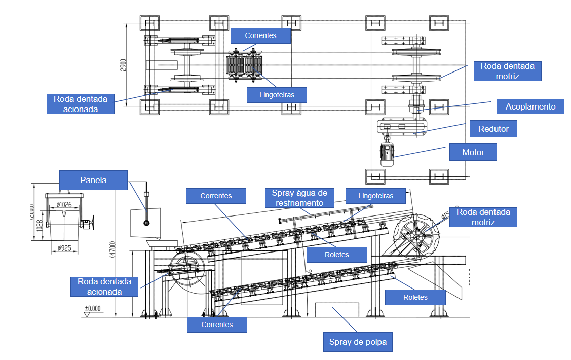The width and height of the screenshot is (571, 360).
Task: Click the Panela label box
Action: click(93, 180)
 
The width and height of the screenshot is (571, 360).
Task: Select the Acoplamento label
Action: click(530, 106)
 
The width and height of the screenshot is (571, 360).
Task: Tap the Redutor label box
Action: click(493, 129)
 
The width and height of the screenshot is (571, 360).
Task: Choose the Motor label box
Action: click(473, 152)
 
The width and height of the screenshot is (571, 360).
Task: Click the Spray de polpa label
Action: click(358, 342)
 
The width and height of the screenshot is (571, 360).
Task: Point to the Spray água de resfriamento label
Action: click(299, 198)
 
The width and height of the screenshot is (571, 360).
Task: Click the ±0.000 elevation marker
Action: click(93, 308)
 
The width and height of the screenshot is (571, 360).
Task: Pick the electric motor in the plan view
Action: click(388, 153)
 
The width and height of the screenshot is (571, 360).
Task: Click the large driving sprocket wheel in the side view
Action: click(418, 235)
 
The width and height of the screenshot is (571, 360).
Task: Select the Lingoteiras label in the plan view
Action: click(278, 94)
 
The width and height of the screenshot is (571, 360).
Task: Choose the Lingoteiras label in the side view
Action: click(375, 195)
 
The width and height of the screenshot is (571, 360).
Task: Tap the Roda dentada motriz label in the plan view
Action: click(507, 71)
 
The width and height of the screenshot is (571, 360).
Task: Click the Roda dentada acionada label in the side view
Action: click(104, 286)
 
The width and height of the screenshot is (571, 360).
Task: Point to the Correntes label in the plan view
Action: click(260, 35)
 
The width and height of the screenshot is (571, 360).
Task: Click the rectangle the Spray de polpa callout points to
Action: click(337, 311)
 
